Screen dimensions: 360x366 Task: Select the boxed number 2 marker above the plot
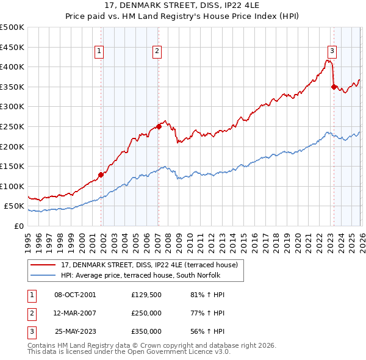[157, 51]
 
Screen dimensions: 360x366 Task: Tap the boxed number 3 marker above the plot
[332, 51]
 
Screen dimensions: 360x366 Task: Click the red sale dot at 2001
[101, 174]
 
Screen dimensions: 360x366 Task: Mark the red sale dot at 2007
[159, 126]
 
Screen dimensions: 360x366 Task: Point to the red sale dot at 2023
[334, 87]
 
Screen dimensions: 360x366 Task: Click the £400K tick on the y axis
[13, 67]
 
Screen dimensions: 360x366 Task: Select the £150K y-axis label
[13, 166]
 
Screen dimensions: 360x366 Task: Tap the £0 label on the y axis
[18, 226]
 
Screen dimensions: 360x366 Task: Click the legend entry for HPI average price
[144, 275]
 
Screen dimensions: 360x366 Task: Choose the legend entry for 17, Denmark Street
[152, 264]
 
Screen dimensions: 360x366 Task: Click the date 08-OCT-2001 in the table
[75, 295]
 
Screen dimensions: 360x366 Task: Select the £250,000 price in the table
[146, 313]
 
